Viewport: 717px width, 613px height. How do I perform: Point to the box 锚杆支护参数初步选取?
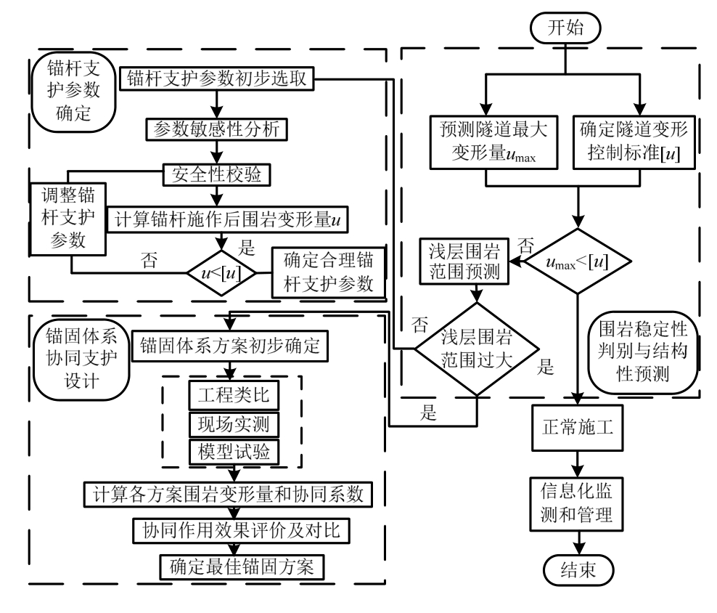[216, 79]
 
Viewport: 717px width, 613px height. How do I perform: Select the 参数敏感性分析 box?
[216, 128]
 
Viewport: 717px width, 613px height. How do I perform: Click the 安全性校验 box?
[216, 175]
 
